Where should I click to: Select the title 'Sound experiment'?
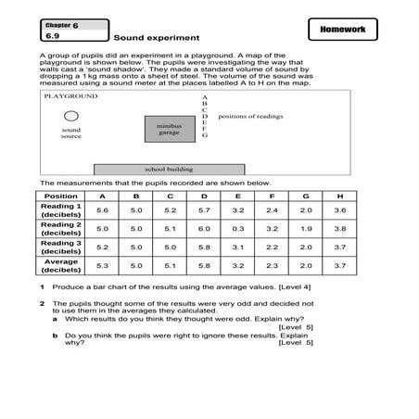157,39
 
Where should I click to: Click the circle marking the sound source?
71,117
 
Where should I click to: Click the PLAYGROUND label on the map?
70,95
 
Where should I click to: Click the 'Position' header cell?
61,197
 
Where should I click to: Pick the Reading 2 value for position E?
237,228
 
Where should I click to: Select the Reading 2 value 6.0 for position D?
204,228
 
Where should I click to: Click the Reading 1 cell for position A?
102,210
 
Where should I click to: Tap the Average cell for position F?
272,265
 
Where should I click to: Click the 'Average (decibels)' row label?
61,265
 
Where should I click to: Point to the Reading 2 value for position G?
306,228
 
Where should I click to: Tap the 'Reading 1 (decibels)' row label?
61,210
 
